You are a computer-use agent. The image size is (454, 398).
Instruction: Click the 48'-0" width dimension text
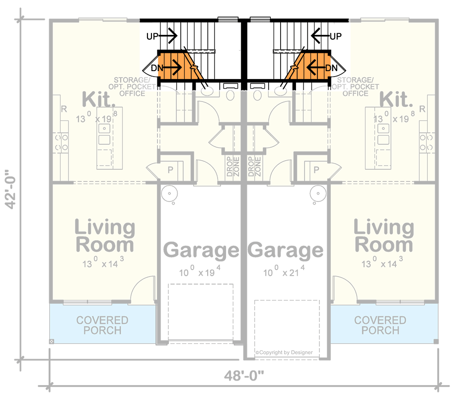(x=245, y=376)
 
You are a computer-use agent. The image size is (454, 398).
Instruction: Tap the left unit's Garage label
(x=201, y=250)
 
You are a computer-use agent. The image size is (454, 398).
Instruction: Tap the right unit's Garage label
(x=285, y=250)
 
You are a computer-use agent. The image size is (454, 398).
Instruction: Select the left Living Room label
(x=104, y=236)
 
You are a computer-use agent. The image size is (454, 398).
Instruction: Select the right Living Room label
(x=383, y=236)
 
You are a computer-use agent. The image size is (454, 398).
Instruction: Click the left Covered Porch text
(x=102, y=325)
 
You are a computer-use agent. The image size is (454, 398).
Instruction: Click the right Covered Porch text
(x=380, y=325)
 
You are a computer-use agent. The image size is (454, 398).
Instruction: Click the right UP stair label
(x=336, y=36)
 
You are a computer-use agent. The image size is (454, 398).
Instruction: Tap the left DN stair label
(x=157, y=67)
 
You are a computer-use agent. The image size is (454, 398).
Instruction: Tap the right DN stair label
(x=332, y=67)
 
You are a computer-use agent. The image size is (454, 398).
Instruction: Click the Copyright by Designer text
(x=284, y=352)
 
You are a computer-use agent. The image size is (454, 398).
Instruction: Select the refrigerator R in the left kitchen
(x=64, y=109)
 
